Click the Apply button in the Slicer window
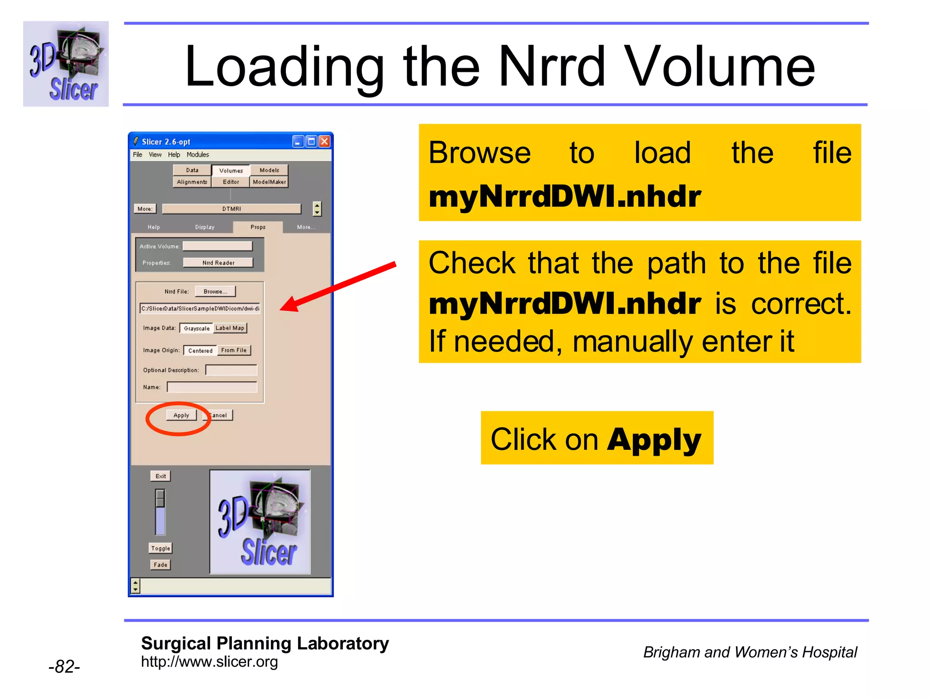click(x=181, y=415)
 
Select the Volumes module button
click(x=231, y=170)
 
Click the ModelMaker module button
click(x=269, y=182)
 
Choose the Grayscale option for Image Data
click(x=196, y=328)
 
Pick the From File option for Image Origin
click(x=234, y=350)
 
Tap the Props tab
click(x=258, y=227)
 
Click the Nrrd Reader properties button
click(x=218, y=263)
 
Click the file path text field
click(x=200, y=309)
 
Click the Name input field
click(x=212, y=387)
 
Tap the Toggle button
click(x=160, y=548)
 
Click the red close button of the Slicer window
click(x=324, y=141)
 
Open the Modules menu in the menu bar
click(x=198, y=155)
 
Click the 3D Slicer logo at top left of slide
click(x=66, y=64)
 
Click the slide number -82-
click(x=64, y=666)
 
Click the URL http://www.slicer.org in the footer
click(x=209, y=662)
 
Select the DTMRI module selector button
click(x=231, y=209)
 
